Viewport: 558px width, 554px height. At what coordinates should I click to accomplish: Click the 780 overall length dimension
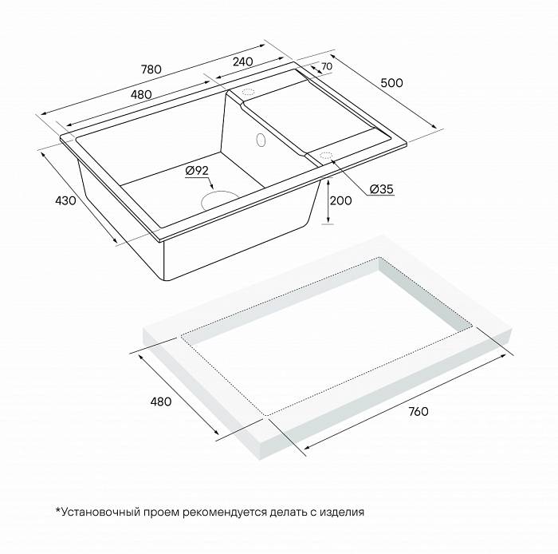pyautogui.click(x=151, y=69)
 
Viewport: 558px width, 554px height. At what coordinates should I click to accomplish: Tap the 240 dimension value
pyautogui.click(x=242, y=61)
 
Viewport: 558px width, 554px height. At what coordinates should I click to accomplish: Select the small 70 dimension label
pyautogui.click(x=326, y=66)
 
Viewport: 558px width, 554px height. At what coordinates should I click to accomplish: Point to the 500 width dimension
pyautogui.click(x=392, y=83)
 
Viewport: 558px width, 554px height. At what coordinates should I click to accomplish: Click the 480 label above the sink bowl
pyautogui.click(x=141, y=95)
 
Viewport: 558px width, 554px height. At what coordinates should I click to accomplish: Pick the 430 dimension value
pyautogui.click(x=65, y=200)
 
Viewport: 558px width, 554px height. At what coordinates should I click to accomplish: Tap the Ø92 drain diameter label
pyautogui.click(x=196, y=171)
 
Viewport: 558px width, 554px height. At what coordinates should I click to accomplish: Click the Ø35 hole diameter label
pyautogui.click(x=382, y=189)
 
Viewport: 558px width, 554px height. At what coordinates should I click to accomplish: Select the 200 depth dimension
pyautogui.click(x=340, y=201)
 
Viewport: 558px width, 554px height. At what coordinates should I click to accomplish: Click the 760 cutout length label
pyautogui.click(x=418, y=412)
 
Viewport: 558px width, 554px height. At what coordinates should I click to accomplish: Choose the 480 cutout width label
pyautogui.click(x=161, y=402)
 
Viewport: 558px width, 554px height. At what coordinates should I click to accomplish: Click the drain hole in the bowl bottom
pyautogui.click(x=219, y=200)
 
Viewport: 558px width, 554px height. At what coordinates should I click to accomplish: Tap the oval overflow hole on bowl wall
pyautogui.click(x=261, y=140)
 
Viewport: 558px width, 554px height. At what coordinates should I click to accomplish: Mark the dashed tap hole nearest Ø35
pyautogui.click(x=325, y=156)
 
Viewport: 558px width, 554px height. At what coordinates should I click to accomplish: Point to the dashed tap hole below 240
pyautogui.click(x=249, y=92)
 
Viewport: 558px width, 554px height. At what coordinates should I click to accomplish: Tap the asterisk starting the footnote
pyautogui.click(x=57, y=510)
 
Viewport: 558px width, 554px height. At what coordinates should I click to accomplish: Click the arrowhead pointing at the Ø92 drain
pyautogui.click(x=211, y=186)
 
